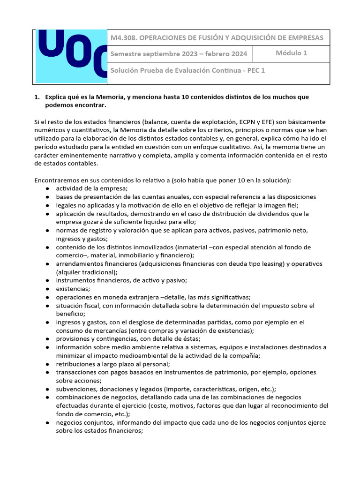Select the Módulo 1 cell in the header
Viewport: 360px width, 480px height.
coord(291,53)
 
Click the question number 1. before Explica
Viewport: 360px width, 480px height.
coord(37,97)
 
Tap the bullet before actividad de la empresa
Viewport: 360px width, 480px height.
coord(48,188)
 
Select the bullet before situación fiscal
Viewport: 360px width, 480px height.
coord(48,306)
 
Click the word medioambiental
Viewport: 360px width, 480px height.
coord(124,355)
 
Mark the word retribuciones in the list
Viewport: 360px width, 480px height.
coord(75,364)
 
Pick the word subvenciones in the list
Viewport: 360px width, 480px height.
coord(76,389)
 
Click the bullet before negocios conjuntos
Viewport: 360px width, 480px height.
coord(48,422)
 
